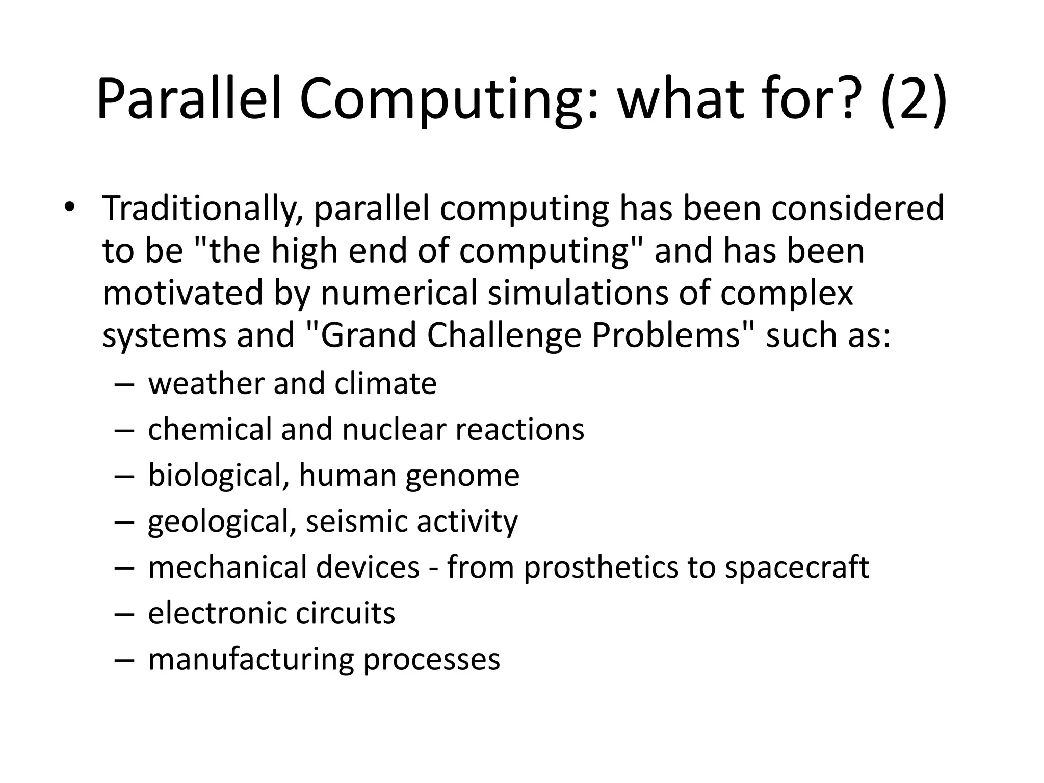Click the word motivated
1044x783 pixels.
click(x=182, y=293)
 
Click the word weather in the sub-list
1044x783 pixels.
click(x=206, y=383)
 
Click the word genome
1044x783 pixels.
click(x=462, y=476)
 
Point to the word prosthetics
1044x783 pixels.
click(x=601, y=567)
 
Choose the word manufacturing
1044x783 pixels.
click(x=251, y=659)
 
